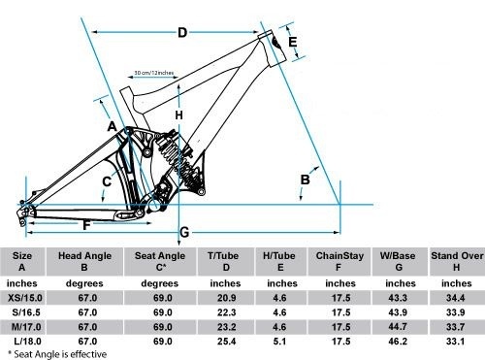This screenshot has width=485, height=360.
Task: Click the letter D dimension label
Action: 182,32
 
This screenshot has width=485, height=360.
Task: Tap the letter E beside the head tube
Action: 292,42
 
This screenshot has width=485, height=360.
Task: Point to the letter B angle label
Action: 305,180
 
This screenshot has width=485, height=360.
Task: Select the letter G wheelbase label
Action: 184,232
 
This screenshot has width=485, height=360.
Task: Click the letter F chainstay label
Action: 86,225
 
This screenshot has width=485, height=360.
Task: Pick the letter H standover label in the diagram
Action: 178,115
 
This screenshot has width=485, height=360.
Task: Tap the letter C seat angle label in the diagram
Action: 107,181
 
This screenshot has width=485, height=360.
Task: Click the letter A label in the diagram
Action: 112,126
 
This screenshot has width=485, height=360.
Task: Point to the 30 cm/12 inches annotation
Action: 154,73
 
